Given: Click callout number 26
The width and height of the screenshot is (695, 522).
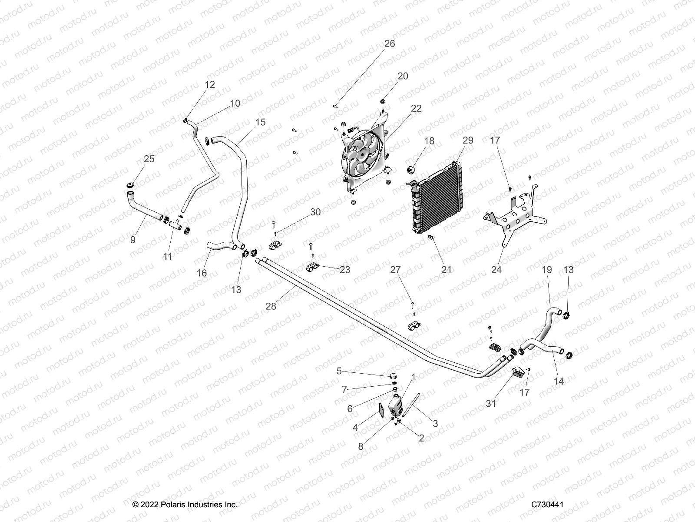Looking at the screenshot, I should pos(390,44).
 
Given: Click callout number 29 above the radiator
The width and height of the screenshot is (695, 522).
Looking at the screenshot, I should pos(468,141).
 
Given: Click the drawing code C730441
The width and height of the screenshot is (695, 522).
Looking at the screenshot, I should pos(547,505).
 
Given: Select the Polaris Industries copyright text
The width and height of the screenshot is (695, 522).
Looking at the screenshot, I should pos(185,505).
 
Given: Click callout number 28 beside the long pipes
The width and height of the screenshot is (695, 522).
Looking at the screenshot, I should pos(271,306).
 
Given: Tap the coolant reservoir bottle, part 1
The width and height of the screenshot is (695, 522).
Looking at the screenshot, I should pos(395,405).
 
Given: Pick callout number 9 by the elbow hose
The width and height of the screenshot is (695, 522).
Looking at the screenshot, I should pos(133,240).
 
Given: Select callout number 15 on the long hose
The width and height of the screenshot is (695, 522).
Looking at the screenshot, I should pos(260,122).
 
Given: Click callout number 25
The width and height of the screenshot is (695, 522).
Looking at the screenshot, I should pos(149,159).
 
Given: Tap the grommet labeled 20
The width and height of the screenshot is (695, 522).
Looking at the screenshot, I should pos(384,101).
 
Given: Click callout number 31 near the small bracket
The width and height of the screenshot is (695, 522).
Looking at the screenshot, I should pos(490,404).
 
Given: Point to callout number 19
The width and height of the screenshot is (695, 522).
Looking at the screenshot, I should pos(546,270).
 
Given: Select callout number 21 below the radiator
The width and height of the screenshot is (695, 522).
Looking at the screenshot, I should pos(447,270).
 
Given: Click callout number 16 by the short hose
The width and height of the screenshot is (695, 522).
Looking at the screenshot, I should pos(202,273).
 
